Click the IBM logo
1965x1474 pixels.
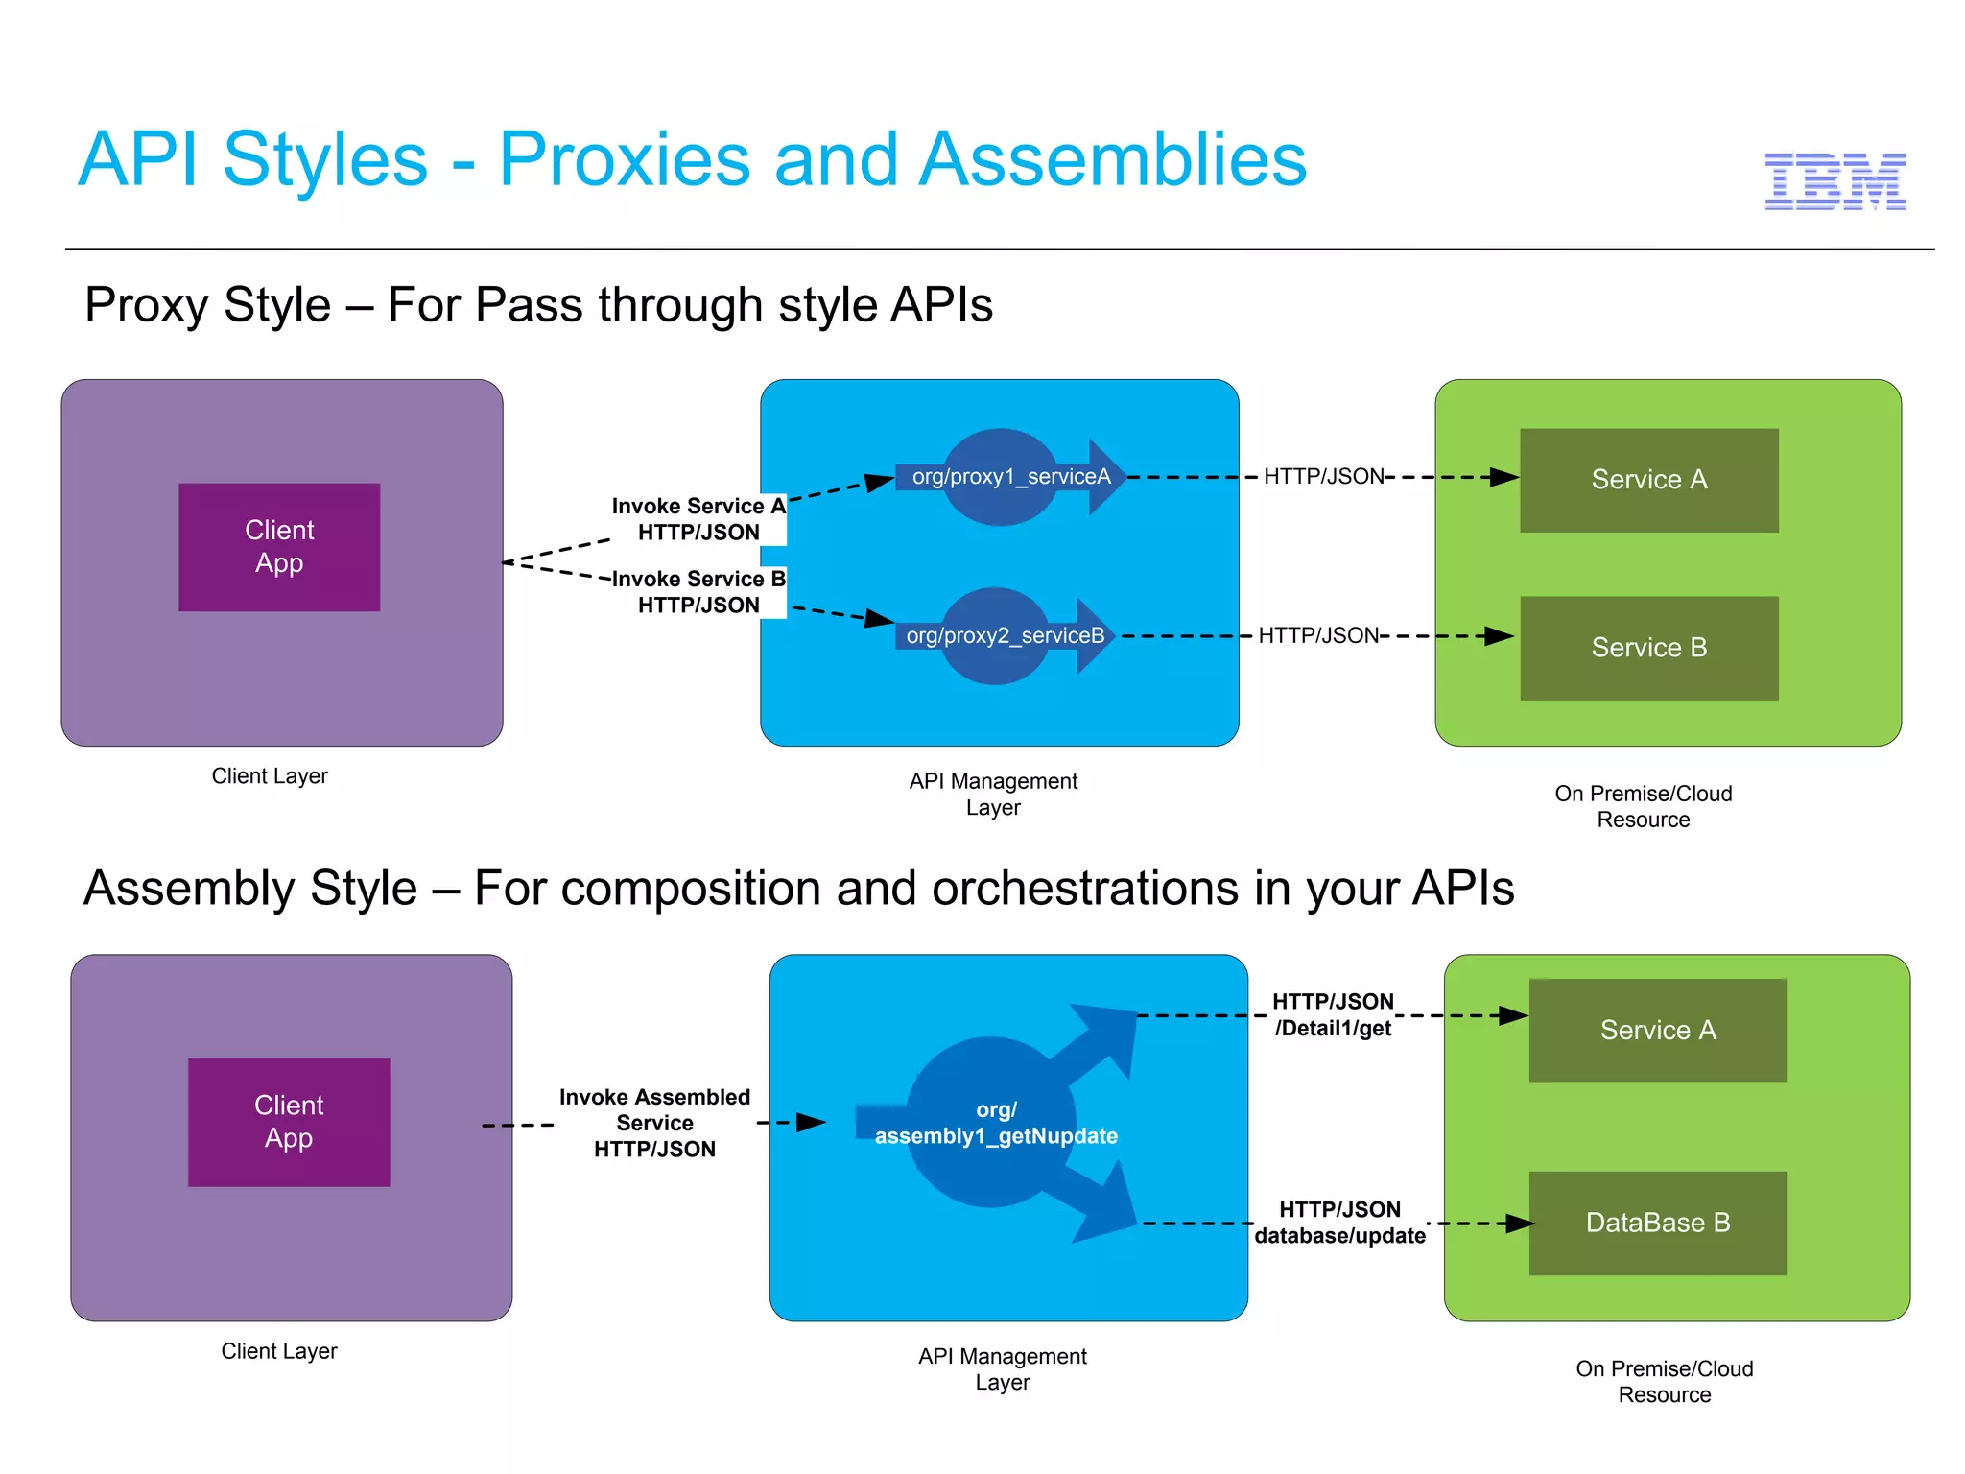click(1835, 181)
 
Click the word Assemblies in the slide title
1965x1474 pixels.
click(1112, 159)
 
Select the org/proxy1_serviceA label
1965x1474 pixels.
click(1011, 477)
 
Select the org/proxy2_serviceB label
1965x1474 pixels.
click(1005, 636)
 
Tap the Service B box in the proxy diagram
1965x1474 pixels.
click(1648, 648)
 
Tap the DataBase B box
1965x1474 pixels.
click(1657, 1223)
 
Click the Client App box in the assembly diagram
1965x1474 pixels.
click(289, 1122)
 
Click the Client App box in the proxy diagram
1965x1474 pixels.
click(279, 547)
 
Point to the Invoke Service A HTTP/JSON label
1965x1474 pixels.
click(698, 519)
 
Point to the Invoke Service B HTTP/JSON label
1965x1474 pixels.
click(698, 592)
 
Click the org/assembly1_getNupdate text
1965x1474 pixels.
click(996, 1124)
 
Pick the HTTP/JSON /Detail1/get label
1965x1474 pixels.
click(1333, 1015)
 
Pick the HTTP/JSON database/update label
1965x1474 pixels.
click(1339, 1223)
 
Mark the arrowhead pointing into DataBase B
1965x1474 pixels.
click(1519, 1224)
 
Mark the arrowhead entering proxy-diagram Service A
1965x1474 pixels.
click(1503, 477)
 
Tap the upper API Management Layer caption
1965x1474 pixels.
click(993, 795)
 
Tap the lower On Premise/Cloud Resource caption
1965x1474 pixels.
click(1664, 1382)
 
